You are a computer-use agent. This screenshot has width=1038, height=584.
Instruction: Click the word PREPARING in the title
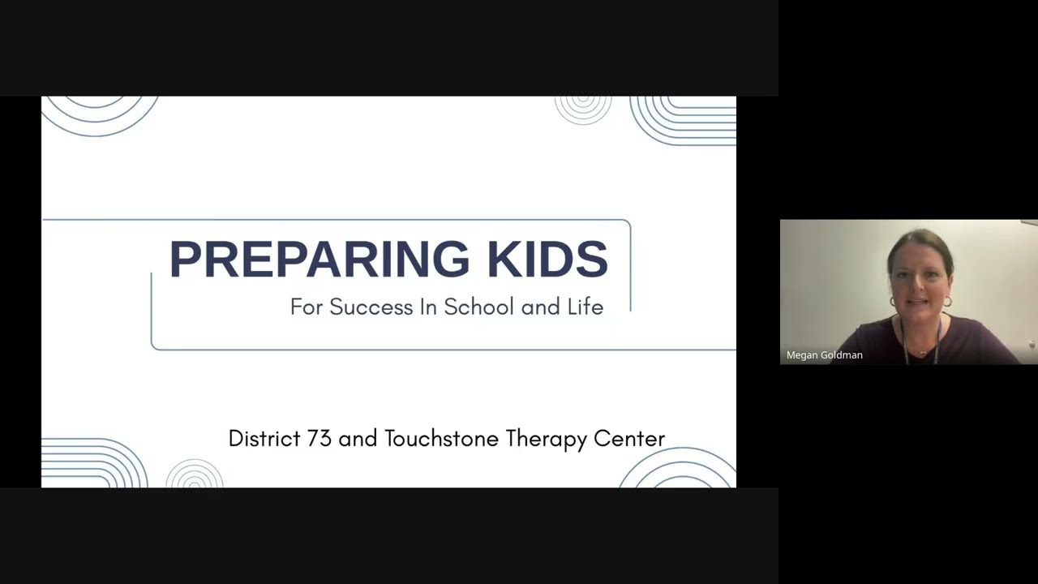[x=319, y=260]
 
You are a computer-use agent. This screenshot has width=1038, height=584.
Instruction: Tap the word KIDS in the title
[x=547, y=260]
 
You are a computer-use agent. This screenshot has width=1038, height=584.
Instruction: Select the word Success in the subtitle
[x=371, y=307]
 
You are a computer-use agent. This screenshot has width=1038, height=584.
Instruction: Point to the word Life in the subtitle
[x=585, y=307]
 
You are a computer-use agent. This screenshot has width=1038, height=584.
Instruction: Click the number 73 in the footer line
[x=319, y=439]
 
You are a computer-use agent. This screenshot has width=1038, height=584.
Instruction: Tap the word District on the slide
[x=264, y=439]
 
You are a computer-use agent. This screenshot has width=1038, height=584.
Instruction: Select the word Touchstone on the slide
[x=442, y=439]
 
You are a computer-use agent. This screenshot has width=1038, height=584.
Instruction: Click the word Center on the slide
[x=629, y=439]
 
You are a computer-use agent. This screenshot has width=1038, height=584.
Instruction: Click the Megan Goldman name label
[x=824, y=355]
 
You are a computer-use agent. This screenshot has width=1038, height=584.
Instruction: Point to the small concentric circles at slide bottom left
[x=195, y=475]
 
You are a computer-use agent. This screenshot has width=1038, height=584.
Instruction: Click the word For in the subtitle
[x=307, y=307]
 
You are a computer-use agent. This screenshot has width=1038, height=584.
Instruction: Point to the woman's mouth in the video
[x=919, y=303]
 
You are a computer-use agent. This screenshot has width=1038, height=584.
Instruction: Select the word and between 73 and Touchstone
[x=358, y=439]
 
